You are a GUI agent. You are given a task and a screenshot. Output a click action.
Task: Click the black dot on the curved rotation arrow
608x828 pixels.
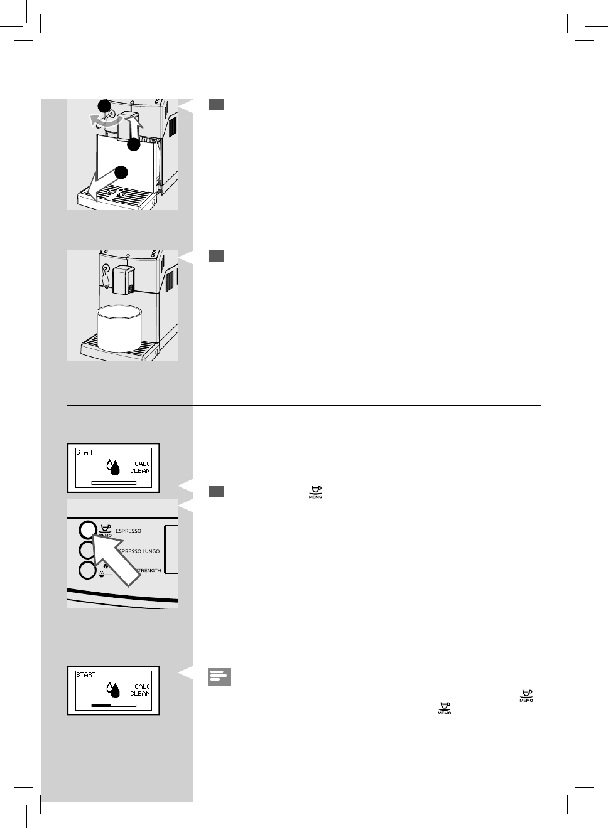click(104, 105)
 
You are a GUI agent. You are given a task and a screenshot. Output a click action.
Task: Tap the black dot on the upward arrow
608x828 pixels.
click(133, 145)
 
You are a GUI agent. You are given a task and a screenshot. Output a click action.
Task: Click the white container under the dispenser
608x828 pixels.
click(119, 328)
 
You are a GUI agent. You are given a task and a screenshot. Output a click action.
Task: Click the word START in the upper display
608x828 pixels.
click(86, 452)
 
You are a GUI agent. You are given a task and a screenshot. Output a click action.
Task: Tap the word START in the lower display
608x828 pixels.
click(86, 675)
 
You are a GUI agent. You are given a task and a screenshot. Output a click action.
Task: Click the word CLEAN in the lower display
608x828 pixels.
click(139, 694)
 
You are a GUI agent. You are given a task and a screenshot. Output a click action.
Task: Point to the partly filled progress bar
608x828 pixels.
click(114, 705)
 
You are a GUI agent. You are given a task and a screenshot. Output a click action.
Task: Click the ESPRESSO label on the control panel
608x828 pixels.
click(128, 531)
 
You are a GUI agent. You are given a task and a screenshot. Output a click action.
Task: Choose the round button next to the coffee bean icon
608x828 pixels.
click(88, 571)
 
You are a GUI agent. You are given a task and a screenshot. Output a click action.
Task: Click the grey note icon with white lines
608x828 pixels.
click(219, 677)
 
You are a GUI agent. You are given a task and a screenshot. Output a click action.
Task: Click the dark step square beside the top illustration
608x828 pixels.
click(216, 105)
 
